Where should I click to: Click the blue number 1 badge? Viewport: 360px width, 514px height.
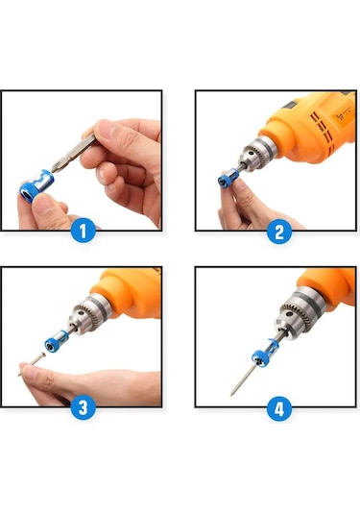83,231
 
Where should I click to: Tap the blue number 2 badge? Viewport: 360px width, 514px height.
278,231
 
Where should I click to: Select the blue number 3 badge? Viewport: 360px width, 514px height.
83,406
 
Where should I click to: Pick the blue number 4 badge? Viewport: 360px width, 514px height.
278,408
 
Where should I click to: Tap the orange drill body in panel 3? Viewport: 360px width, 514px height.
130,293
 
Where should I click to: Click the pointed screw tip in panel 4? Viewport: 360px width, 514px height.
233,392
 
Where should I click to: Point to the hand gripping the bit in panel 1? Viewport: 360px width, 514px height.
125,159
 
